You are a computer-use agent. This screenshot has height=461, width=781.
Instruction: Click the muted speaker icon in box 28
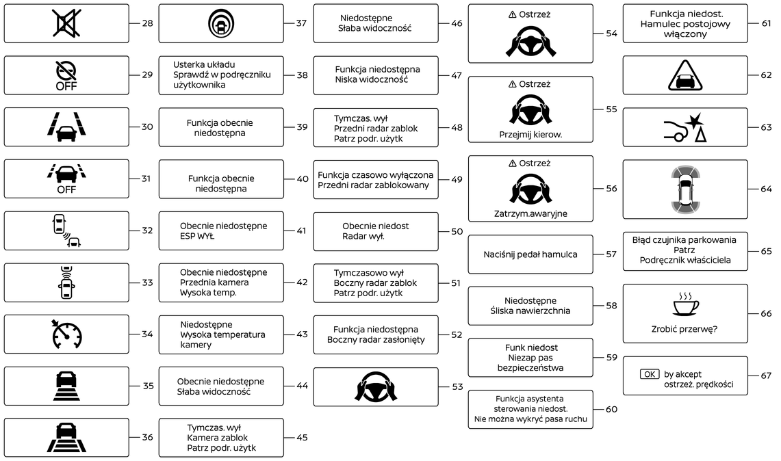pyautogui.click(x=66, y=23)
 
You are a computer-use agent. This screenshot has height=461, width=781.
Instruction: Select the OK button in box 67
pyautogui.click(x=650, y=374)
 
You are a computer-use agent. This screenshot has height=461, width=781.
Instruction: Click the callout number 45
pyautogui.click(x=302, y=438)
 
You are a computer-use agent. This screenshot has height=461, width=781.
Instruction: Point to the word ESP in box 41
pyautogui.click(x=188, y=236)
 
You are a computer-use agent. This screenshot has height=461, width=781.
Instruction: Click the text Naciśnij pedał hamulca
pyautogui.click(x=530, y=254)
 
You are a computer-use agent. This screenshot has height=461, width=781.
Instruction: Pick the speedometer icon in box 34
pyautogui.click(x=66, y=334)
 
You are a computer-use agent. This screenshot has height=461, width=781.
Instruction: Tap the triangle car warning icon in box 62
pyautogui.click(x=684, y=75)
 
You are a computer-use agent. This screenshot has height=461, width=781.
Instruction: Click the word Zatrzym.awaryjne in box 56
pyautogui.click(x=530, y=213)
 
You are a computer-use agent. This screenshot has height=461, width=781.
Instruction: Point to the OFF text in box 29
pyautogui.click(x=66, y=87)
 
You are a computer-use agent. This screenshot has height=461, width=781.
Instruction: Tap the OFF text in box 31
pyautogui.click(x=66, y=189)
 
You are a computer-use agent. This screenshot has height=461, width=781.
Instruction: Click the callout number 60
pyautogui.click(x=611, y=409)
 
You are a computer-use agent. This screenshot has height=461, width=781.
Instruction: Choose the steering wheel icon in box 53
pyautogui.click(x=376, y=387)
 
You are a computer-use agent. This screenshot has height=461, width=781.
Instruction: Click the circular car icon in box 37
pyautogui.click(x=221, y=23)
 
